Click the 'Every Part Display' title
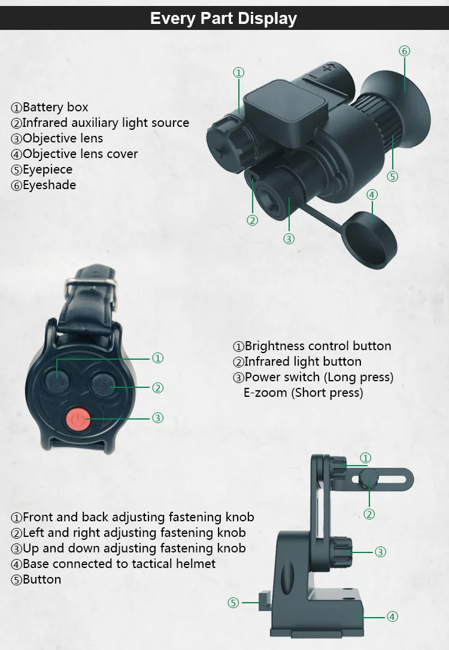(x=223, y=19)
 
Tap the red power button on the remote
(x=77, y=420)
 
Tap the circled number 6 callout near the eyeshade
(x=404, y=51)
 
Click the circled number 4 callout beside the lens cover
(x=372, y=195)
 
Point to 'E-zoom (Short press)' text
(x=303, y=393)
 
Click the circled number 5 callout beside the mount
(x=233, y=603)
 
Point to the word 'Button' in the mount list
(x=41, y=579)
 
